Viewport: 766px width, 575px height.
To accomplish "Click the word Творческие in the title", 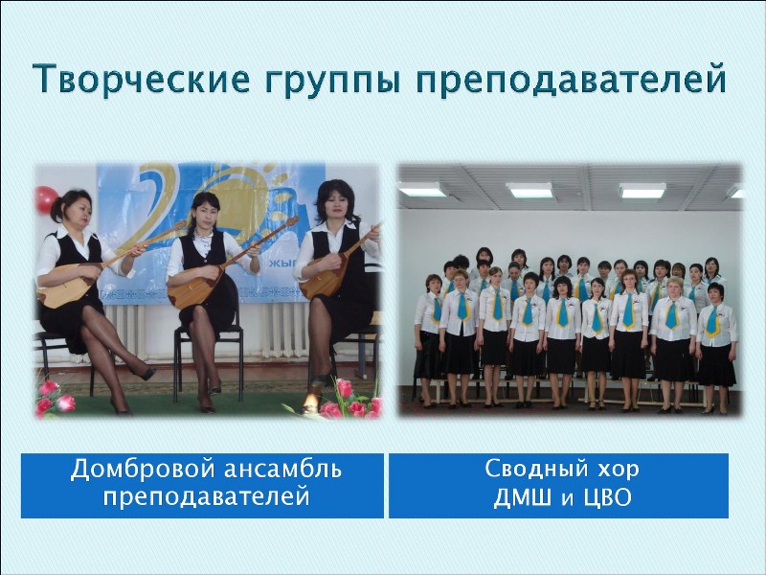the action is click(142, 79).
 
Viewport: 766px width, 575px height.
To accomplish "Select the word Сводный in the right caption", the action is click(534, 469).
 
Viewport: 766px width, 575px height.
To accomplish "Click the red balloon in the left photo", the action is click(45, 199).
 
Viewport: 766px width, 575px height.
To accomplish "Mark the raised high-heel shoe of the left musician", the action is click(144, 374).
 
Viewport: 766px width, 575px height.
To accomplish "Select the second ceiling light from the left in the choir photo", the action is click(529, 190).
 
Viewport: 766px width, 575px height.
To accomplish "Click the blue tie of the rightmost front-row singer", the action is click(712, 321).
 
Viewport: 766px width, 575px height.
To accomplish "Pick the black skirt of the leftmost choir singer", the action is click(426, 355).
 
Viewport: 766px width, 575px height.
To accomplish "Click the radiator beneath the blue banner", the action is click(280, 330).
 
